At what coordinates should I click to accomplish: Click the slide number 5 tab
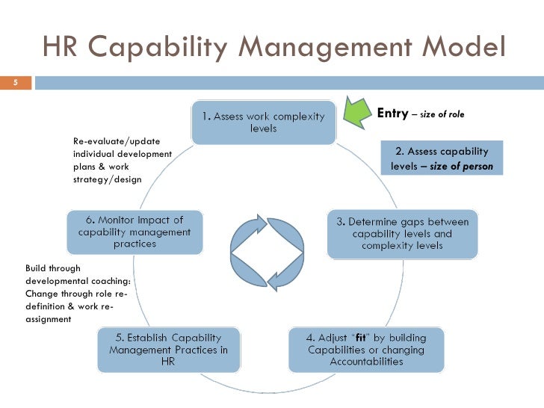click(x=15, y=81)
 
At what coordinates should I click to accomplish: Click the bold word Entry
click(x=392, y=114)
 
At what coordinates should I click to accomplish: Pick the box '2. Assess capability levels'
click(x=442, y=158)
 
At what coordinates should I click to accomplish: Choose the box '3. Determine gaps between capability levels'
click(x=402, y=233)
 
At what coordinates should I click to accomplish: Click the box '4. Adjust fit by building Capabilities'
click(x=366, y=350)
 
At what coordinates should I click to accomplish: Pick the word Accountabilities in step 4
click(x=366, y=362)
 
